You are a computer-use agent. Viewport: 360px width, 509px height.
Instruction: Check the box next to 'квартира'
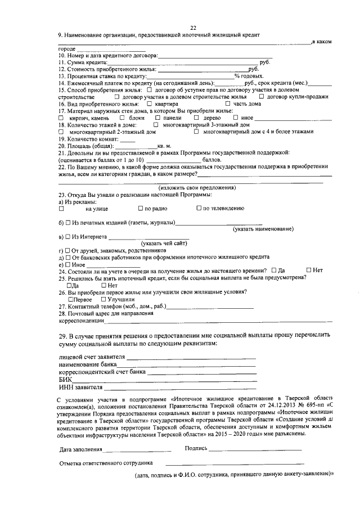(x=149, y=103)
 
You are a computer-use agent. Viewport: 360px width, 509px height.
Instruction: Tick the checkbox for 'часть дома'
(x=227, y=103)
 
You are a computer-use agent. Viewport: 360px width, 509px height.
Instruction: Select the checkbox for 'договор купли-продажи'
(x=262, y=97)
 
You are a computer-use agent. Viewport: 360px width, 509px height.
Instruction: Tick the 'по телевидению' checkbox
(x=199, y=208)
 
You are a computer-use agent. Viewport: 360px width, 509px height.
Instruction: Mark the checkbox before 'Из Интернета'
(x=67, y=236)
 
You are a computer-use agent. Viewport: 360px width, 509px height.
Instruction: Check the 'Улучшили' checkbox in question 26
(x=103, y=299)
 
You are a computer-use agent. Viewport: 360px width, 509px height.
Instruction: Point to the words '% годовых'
(x=249, y=76)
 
